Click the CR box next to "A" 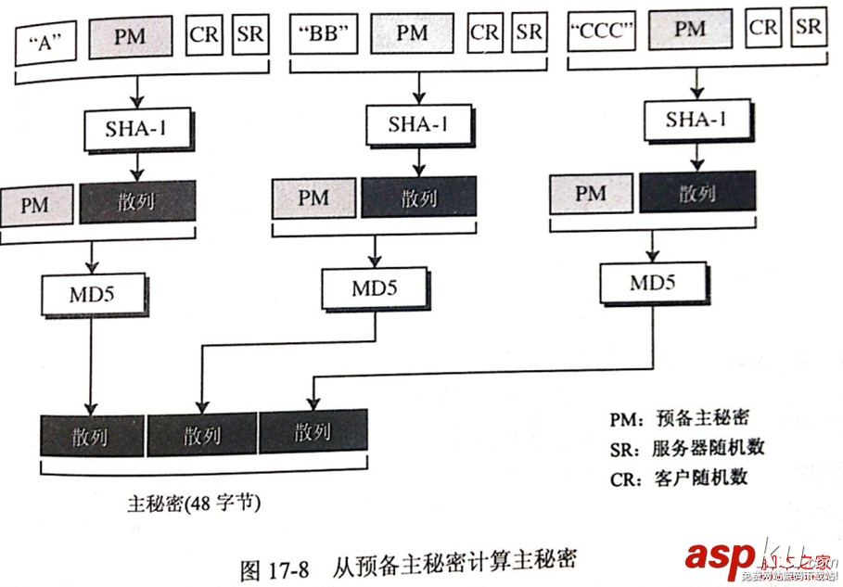pos(204,35)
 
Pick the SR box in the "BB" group pos(529,32)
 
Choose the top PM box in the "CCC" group pos(690,30)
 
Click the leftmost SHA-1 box pos(137,129)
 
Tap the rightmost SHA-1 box pos(696,121)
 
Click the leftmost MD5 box pos(92,294)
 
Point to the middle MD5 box pos(375,288)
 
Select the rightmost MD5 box pos(652,283)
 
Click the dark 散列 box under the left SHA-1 pos(137,201)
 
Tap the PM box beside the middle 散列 pos(314,198)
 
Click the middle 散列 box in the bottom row pos(202,434)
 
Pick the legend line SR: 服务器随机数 pos(687,448)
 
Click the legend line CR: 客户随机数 pos(679,479)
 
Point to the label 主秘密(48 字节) pos(194,504)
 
